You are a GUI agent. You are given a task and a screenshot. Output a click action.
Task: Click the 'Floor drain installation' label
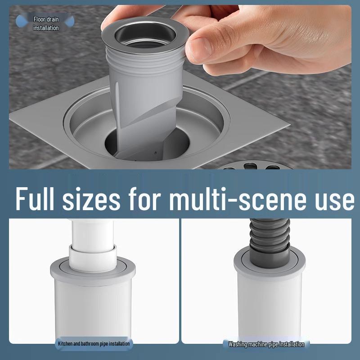point(46,23)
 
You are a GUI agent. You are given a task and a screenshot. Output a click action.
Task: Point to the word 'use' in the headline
point(334,200)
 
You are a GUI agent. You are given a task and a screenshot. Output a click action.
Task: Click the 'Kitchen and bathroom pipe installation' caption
point(94,344)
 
